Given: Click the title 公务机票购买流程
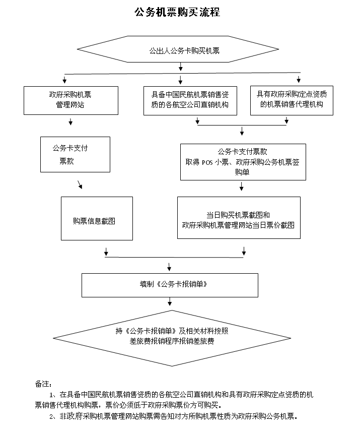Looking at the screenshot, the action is (x=177, y=12).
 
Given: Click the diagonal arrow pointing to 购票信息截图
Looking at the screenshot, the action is (x=80, y=184).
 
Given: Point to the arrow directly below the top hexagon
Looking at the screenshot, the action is (x=181, y=67).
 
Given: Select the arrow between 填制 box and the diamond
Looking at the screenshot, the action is (x=170, y=301).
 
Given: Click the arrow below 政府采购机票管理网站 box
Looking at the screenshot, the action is (x=70, y=121).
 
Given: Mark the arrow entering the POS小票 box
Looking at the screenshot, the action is (x=242, y=131).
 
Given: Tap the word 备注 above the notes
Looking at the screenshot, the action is (x=42, y=384).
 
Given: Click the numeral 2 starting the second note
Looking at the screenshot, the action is (x=51, y=416).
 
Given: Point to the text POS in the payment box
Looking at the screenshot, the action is (x=207, y=162).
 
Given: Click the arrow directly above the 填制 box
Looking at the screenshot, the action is (x=169, y=267).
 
